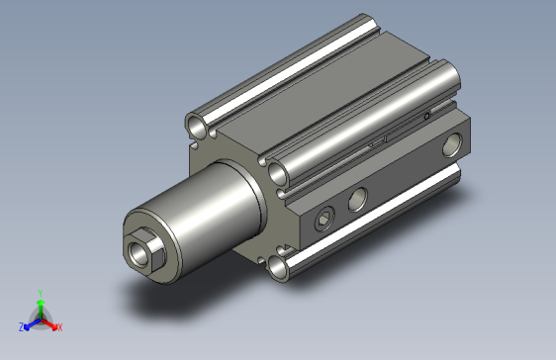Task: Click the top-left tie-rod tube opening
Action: click(x=200, y=126)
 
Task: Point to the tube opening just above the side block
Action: click(x=281, y=173)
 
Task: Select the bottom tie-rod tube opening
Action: click(x=280, y=267)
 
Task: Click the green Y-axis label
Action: click(x=40, y=293)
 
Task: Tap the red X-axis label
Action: click(x=60, y=326)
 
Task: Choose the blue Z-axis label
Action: click(x=21, y=326)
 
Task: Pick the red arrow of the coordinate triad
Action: click(x=51, y=322)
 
